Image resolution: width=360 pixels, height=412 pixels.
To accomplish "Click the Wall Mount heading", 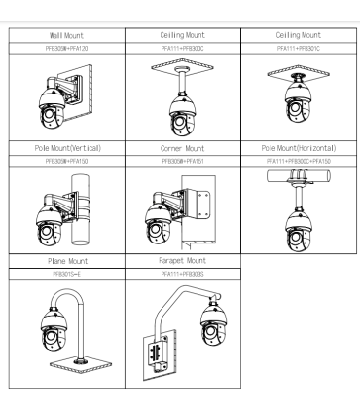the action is [66, 35].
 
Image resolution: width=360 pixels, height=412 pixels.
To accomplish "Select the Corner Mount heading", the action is [182, 149].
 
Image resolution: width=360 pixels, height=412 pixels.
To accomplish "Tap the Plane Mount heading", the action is [67, 261].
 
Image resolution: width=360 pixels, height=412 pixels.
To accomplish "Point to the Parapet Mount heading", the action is [182, 261].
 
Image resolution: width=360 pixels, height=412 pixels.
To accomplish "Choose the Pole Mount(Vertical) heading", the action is [68, 148].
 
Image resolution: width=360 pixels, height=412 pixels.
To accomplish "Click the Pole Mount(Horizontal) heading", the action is [299, 148].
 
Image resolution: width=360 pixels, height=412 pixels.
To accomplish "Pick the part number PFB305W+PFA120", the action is [66, 49].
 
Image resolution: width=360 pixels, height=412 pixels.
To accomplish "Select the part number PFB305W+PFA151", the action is [183, 161].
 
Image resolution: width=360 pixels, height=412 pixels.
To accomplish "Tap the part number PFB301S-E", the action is [67, 274].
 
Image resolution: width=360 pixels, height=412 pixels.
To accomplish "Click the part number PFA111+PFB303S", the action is [183, 274].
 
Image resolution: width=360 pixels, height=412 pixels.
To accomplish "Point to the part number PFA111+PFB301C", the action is [299, 49].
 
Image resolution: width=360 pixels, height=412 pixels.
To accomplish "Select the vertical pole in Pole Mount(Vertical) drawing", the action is [80, 209].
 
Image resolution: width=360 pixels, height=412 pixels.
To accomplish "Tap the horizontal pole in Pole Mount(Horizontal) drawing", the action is [299, 176].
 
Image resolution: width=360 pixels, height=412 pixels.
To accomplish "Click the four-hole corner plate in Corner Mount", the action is [202, 206].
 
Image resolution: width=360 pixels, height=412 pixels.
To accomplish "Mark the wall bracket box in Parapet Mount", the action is [159, 354].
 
